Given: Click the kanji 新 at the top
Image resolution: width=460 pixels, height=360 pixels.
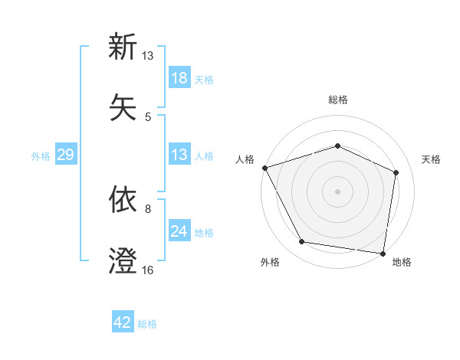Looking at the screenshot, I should (x=123, y=47).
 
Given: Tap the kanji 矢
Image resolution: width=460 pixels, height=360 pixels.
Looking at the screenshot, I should (x=123, y=107).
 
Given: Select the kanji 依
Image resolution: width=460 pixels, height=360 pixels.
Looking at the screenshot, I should (x=123, y=199).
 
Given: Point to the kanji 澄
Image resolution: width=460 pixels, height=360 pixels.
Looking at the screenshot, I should (x=123, y=261).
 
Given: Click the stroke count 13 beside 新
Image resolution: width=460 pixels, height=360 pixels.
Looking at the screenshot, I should (x=148, y=56).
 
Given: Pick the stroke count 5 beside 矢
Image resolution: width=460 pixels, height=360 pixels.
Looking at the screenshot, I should (x=148, y=116).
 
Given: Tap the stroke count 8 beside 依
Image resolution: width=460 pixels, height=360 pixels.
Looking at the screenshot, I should (x=148, y=208).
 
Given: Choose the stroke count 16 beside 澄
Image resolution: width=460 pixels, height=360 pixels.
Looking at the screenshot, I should (x=148, y=270).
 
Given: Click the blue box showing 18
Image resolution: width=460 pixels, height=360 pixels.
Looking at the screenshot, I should (x=179, y=78).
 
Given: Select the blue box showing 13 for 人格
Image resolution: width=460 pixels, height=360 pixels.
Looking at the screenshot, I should (x=179, y=155).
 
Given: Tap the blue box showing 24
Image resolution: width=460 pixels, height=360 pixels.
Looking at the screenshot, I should (x=179, y=231).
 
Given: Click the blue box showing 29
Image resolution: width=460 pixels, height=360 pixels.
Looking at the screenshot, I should (x=65, y=155).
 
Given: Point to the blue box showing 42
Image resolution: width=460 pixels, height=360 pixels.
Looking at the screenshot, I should (x=123, y=322).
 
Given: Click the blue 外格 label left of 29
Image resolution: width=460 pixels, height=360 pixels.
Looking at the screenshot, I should (x=41, y=155).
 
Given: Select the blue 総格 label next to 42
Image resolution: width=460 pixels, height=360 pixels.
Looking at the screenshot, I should (x=147, y=324).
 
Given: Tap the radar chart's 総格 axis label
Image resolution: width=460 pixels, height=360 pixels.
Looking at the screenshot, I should (x=337, y=100).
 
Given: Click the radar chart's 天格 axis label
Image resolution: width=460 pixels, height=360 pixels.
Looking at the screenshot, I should (x=432, y=159).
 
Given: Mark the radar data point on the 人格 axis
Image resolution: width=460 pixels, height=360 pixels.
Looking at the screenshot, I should (x=264, y=168).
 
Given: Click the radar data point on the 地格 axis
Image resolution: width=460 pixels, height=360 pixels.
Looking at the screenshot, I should (x=383, y=253).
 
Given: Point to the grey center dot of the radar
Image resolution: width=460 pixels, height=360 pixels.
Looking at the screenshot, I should (x=337, y=191).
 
